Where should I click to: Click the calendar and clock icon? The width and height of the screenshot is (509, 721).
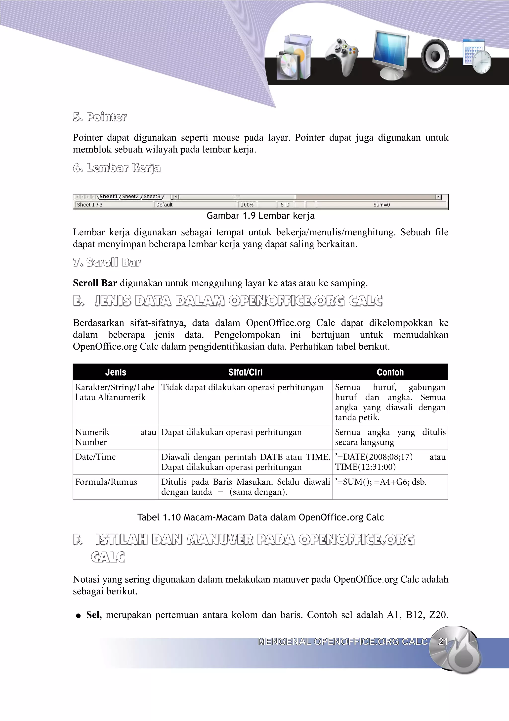coord(477,56)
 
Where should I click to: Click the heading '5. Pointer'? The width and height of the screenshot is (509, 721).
coord(100,117)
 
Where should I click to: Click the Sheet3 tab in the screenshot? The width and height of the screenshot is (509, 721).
coord(152,197)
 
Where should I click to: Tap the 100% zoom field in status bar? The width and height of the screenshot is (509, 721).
coord(247,205)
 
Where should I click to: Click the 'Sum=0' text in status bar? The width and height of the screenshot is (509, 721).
coord(381,205)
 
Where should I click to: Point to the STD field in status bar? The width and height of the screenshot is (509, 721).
coord(285,205)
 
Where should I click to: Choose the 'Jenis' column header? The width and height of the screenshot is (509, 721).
coord(116,372)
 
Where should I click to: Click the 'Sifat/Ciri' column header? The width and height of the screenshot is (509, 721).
coord(245,372)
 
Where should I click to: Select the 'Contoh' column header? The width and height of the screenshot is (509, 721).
coord(390,372)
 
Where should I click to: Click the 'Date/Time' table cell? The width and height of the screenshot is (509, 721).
coord(96,457)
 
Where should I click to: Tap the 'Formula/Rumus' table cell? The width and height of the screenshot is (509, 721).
coord(106,482)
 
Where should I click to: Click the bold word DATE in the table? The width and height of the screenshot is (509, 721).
coord(271,457)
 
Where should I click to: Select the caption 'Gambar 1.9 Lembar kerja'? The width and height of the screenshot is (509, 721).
coord(260,216)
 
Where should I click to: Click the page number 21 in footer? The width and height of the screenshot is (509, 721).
coord(443,642)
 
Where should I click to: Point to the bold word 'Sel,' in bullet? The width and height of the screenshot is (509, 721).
coord(94,615)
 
